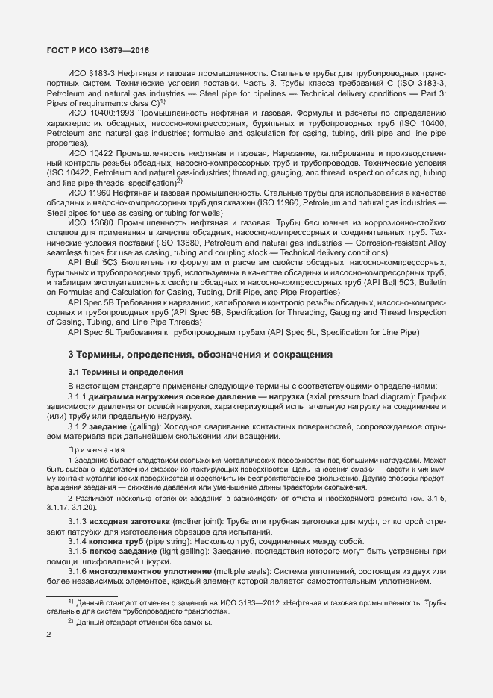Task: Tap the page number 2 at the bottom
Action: point(49,635)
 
